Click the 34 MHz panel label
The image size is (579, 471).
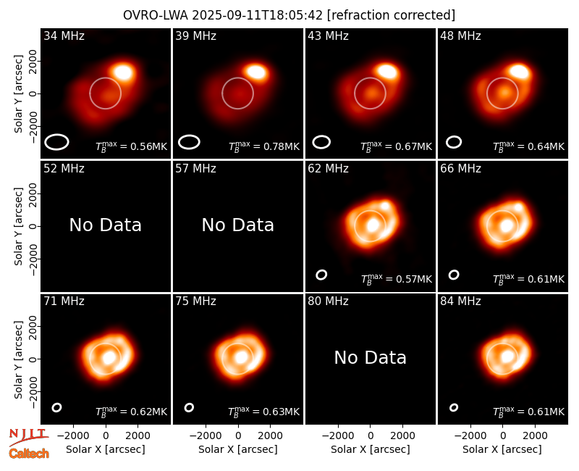[x=64, y=36]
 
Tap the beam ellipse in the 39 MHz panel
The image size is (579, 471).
[x=189, y=142]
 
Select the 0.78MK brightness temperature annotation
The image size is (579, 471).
[x=264, y=146]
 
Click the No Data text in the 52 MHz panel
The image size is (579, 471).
[x=105, y=225]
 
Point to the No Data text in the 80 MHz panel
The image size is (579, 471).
[x=370, y=357]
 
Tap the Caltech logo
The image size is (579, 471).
[x=29, y=454]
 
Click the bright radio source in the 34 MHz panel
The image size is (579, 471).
[x=123, y=72]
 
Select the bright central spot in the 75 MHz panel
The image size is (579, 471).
[x=241, y=357]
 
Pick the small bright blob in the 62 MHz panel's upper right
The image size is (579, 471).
[x=385, y=206]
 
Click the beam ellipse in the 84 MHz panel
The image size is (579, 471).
[x=454, y=407]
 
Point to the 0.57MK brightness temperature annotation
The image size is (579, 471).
[x=396, y=279]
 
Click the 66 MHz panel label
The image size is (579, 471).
[x=460, y=169]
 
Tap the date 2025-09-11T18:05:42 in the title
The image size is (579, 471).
[x=257, y=15]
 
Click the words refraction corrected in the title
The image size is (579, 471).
[x=392, y=15]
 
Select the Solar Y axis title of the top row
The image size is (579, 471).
[x=18, y=94]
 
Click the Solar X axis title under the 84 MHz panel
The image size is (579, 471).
[x=502, y=449]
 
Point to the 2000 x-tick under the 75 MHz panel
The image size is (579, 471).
[x=270, y=436]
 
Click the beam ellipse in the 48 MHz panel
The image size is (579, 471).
[x=454, y=142]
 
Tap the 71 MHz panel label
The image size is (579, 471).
[x=64, y=301]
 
